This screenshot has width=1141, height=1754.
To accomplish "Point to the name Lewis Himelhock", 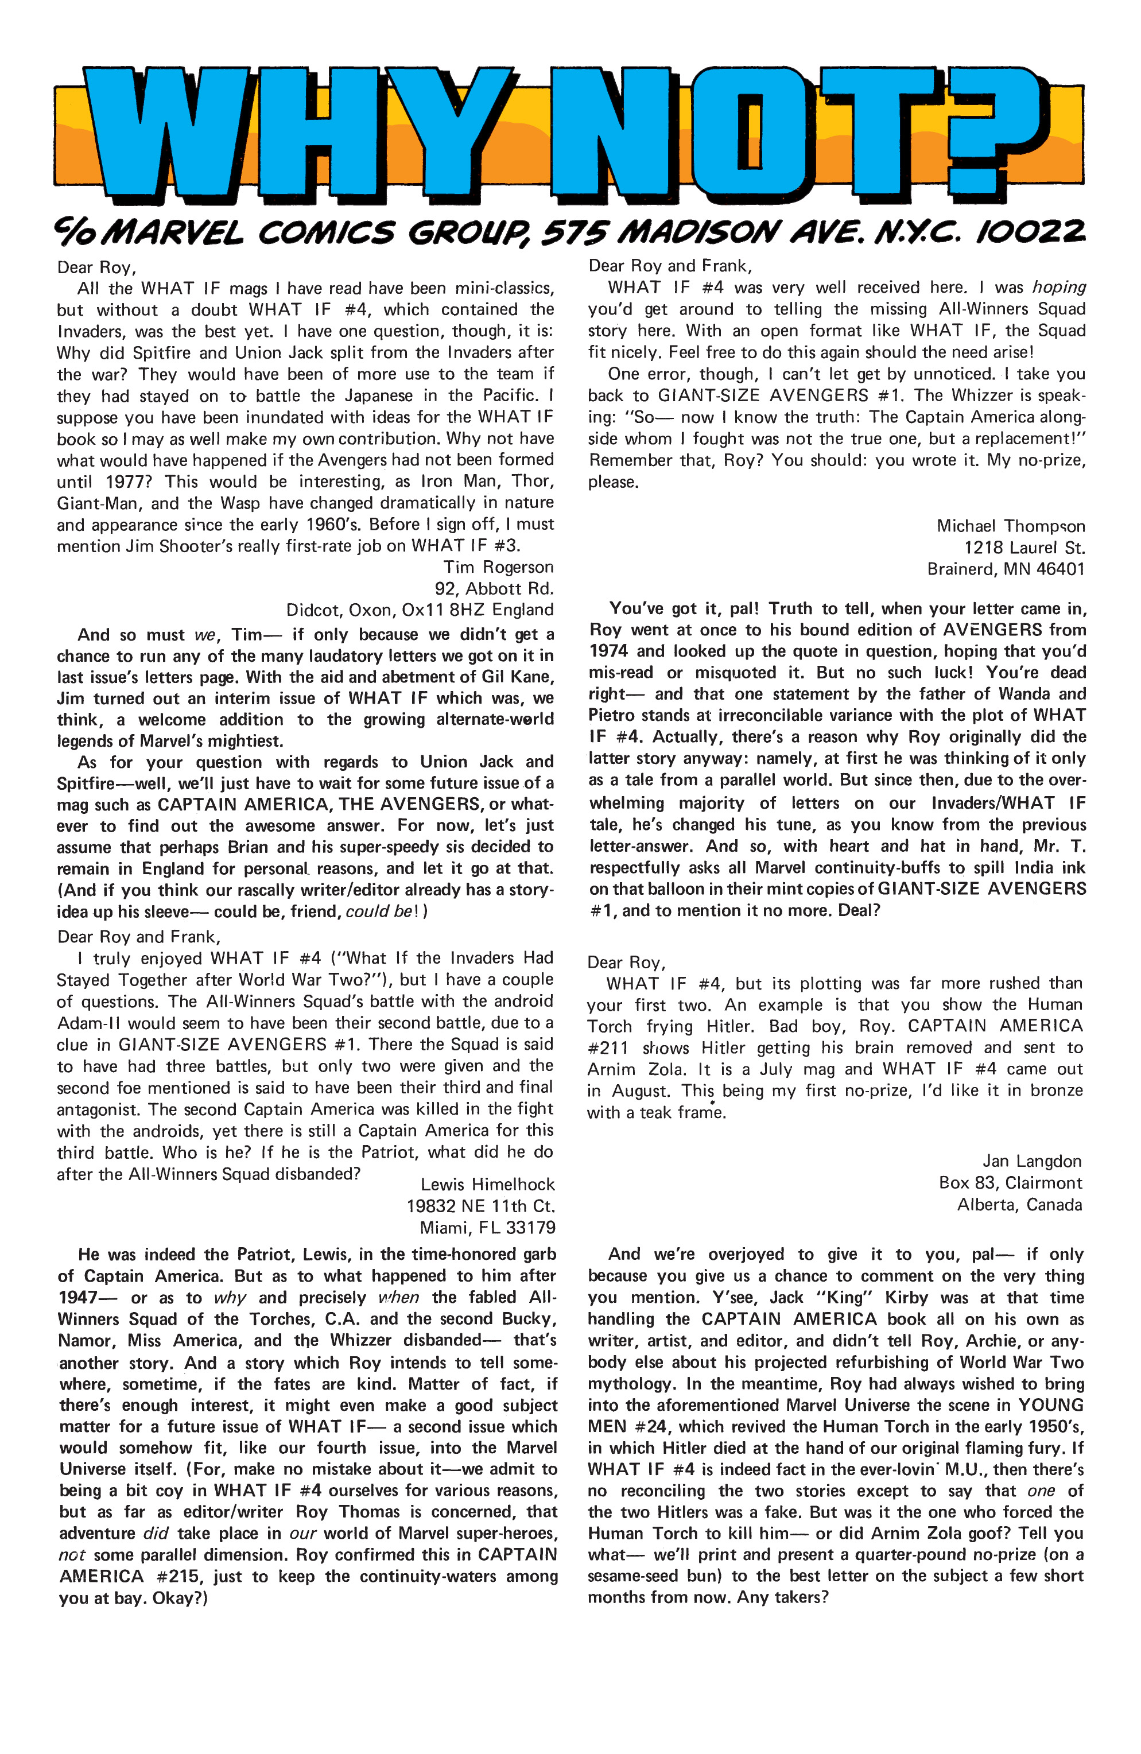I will tap(487, 1184).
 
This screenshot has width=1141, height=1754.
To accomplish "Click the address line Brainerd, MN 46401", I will tap(1006, 569).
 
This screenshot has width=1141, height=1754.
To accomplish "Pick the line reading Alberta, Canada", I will tap(1019, 1205).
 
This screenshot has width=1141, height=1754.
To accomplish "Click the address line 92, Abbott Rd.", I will tap(493, 589).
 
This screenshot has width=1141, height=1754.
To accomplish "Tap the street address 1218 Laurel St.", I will tap(1024, 548).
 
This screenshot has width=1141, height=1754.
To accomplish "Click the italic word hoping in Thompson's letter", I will tap(1058, 288).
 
